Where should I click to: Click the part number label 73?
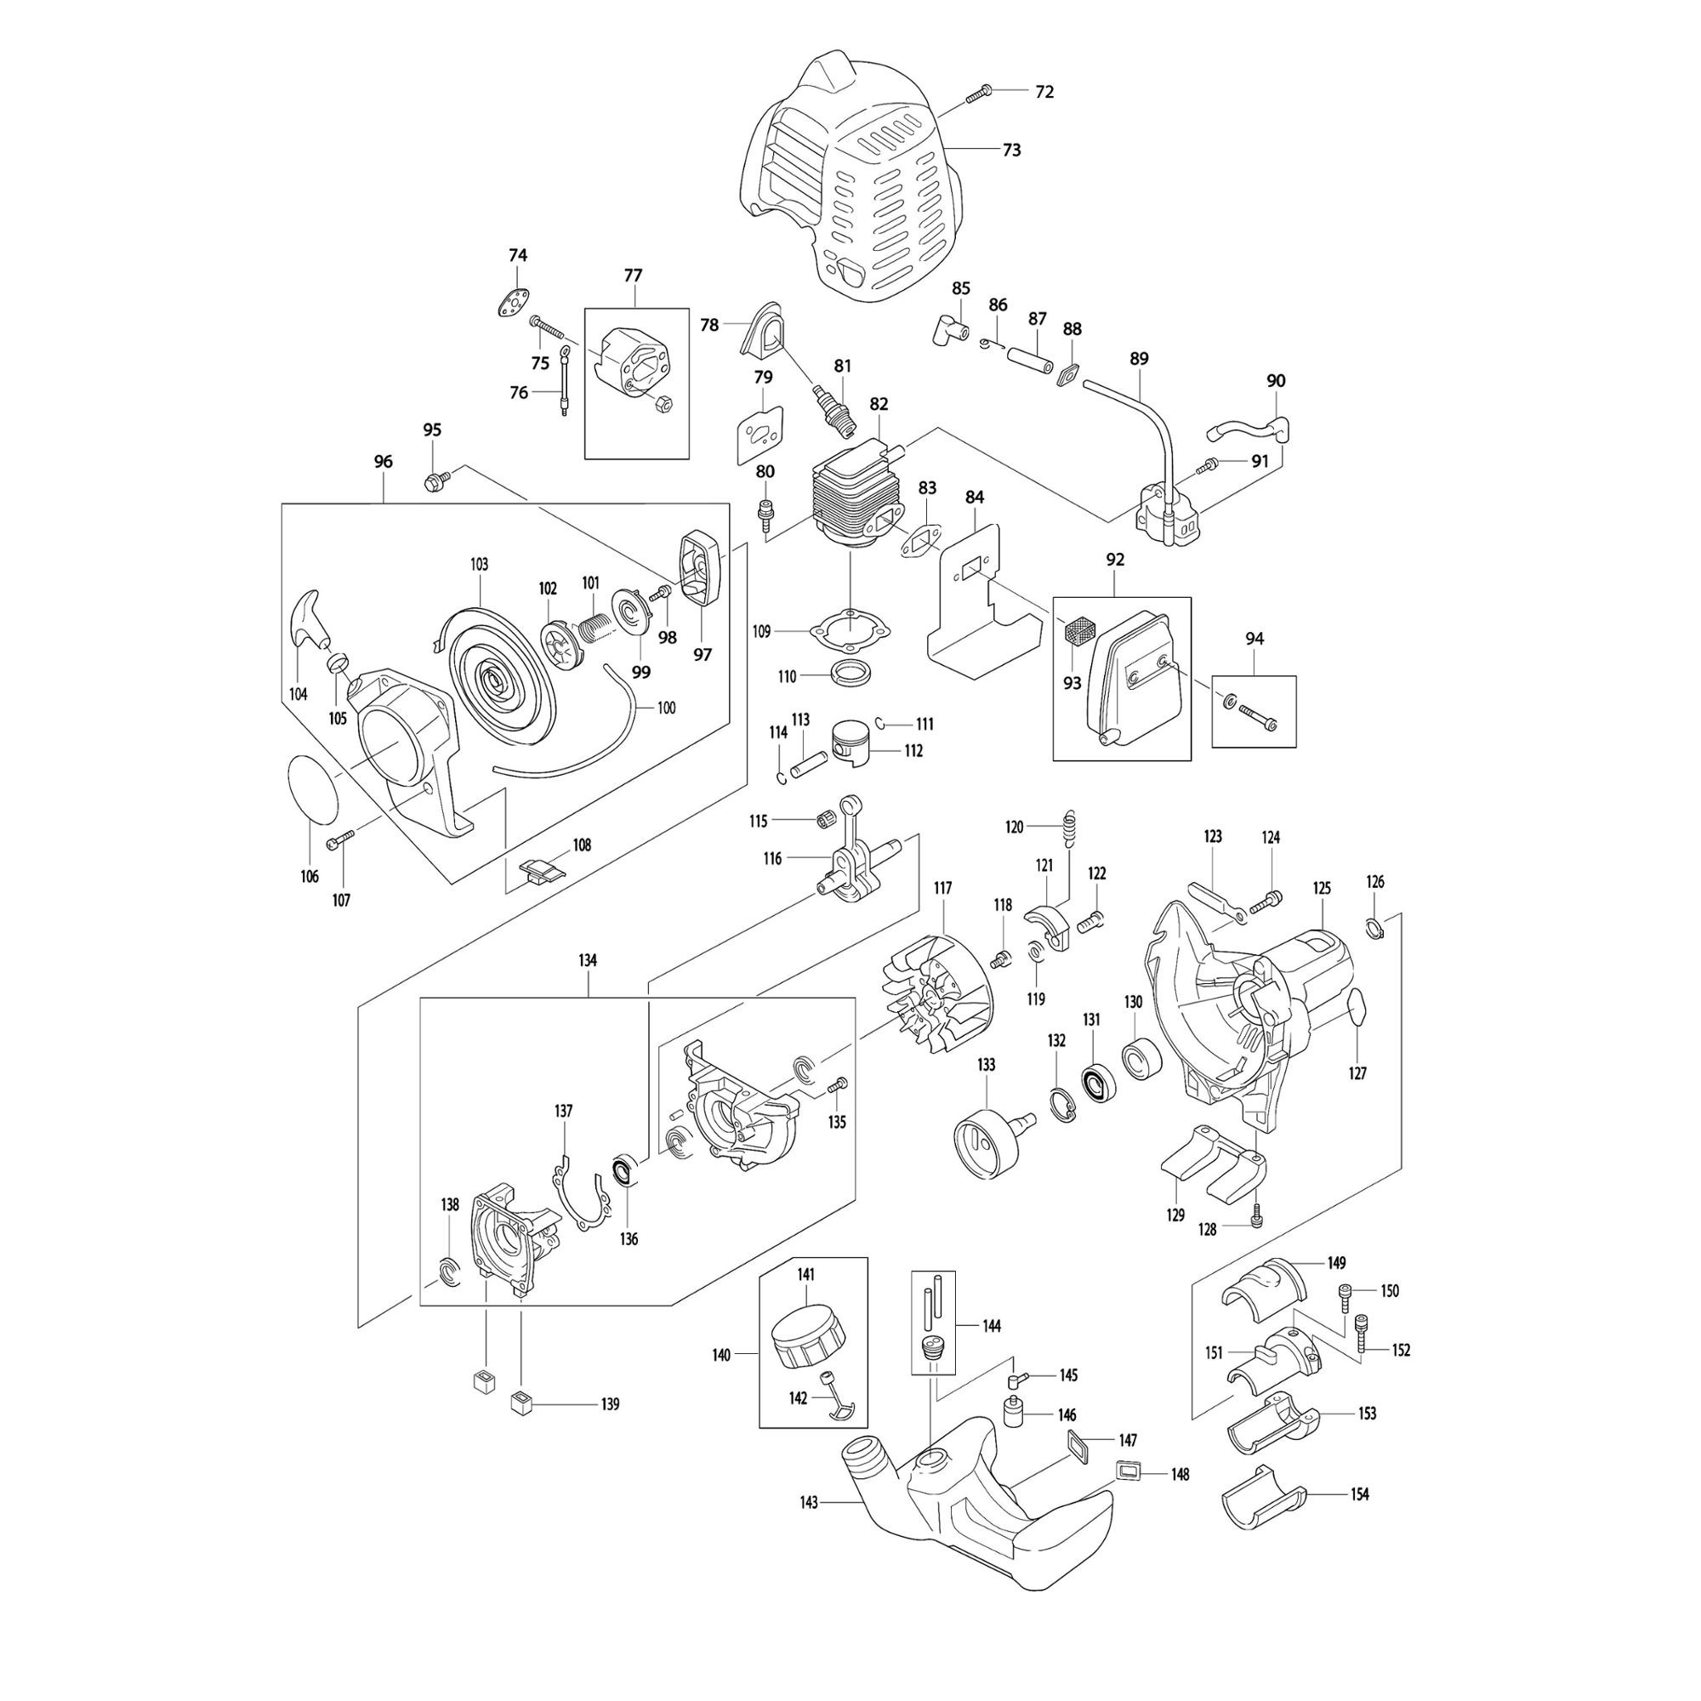coord(1011,151)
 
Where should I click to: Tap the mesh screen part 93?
coord(1077,630)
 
